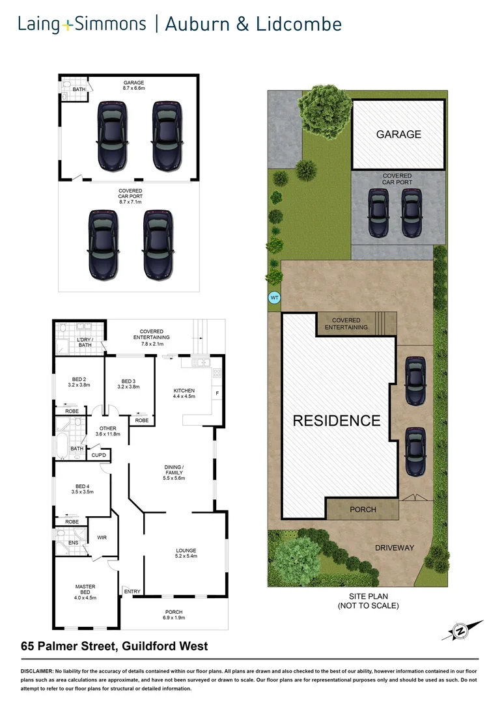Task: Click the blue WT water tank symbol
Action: pyautogui.click(x=274, y=298)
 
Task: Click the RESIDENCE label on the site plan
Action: pyautogui.click(x=336, y=420)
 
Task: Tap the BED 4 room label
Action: pyautogui.click(x=82, y=488)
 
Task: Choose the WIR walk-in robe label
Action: pyautogui.click(x=102, y=538)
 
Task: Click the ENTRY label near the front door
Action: pyautogui.click(x=132, y=591)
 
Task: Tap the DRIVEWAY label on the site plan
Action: pyautogui.click(x=393, y=547)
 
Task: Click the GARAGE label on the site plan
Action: pyautogui.click(x=398, y=135)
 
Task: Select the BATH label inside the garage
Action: pyautogui.click(x=79, y=89)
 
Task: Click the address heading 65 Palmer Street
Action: pyautogui.click(x=114, y=646)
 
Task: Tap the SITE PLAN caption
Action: pyautogui.click(x=368, y=597)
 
